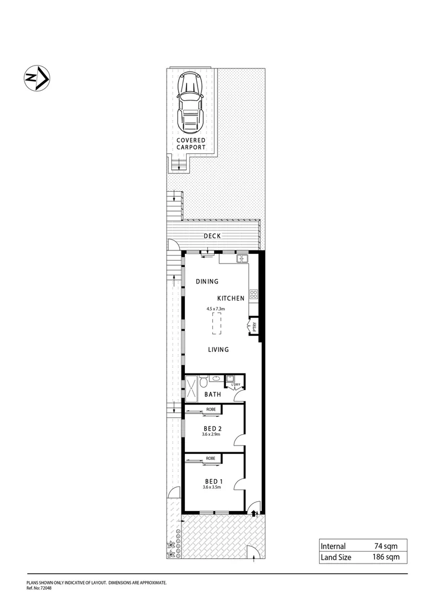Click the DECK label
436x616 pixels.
[212, 236]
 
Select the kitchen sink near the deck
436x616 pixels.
[242, 259]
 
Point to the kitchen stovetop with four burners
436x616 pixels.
[254, 295]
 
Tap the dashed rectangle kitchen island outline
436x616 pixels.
[217, 323]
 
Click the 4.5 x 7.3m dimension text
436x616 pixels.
[216, 309]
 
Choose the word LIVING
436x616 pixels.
[218, 350]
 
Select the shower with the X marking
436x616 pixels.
[191, 389]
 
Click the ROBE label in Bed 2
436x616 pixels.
[211, 410]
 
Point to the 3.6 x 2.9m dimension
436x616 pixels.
[211, 435]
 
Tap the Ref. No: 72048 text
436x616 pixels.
[39, 587]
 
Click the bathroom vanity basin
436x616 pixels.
[216, 378]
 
